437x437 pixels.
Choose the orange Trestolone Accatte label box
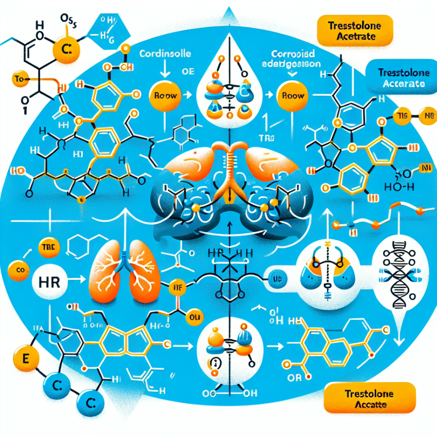369,397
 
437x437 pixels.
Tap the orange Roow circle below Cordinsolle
163,97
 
